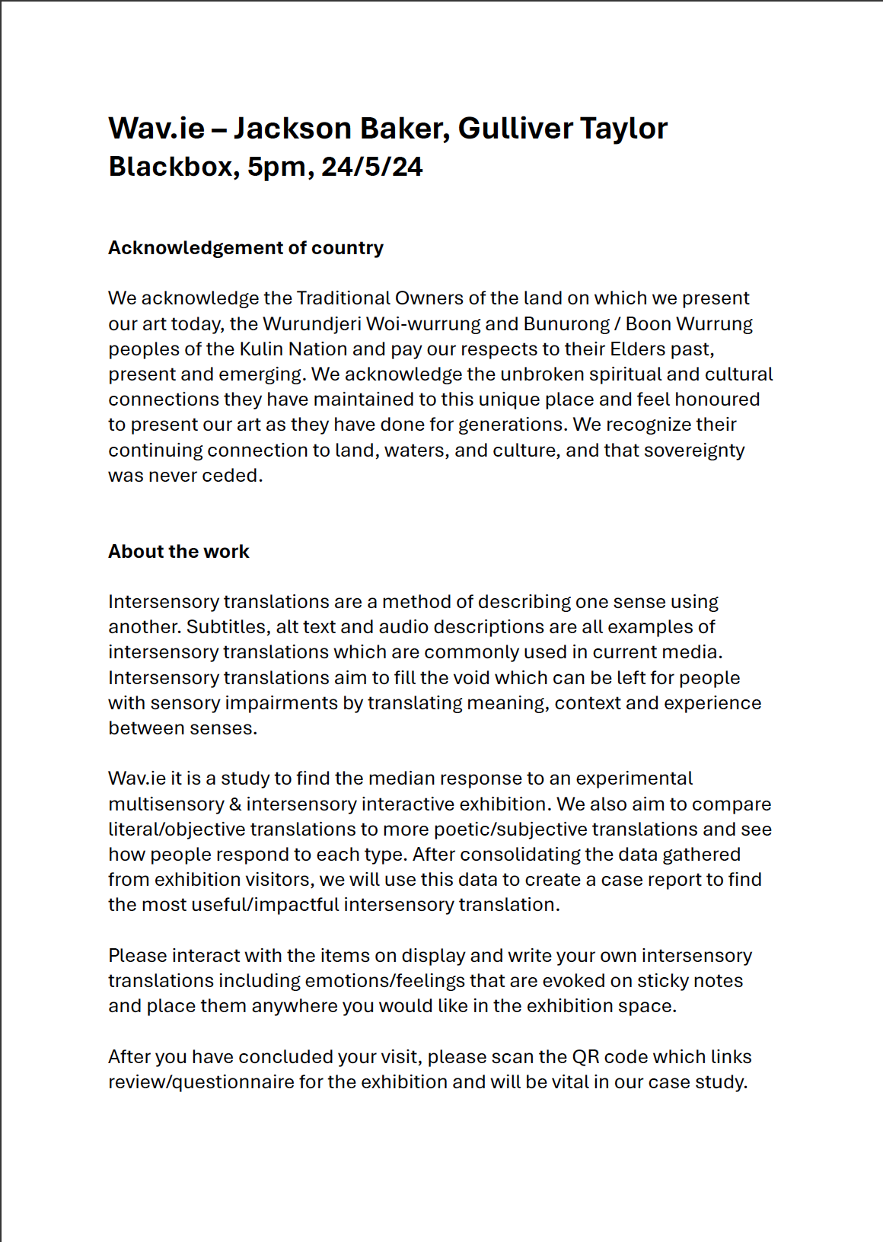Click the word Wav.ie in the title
(156, 129)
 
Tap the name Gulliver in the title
(505, 129)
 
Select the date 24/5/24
(371, 167)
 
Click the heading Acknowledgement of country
(245, 248)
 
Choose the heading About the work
(178, 552)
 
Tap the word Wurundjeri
(311, 324)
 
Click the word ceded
(237, 476)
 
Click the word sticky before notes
(661, 981)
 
